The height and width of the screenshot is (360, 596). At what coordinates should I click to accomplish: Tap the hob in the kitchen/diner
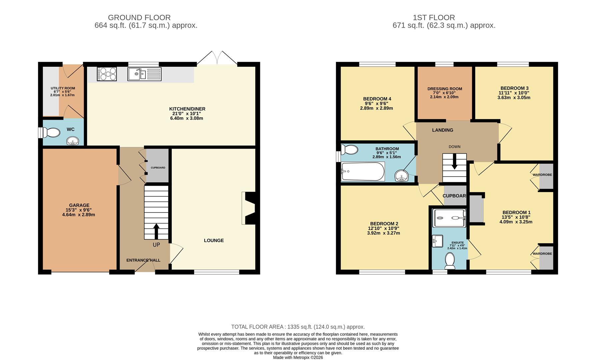107,74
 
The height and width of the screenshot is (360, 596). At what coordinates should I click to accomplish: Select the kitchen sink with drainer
144,74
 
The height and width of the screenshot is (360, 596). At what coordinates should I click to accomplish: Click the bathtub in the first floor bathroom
363,171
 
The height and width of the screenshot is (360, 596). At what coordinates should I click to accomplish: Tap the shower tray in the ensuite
449,218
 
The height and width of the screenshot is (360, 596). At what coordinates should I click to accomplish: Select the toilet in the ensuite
450,260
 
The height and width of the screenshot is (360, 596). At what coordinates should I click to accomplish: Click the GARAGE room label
79,205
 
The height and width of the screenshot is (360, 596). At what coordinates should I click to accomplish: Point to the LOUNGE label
214,240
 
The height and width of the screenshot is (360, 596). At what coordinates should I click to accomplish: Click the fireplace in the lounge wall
249,208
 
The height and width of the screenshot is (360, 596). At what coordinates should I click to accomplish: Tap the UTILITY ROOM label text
63,88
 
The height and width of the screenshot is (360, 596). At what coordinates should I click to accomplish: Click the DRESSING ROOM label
445,89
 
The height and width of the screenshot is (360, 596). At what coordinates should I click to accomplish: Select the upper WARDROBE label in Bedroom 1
542,175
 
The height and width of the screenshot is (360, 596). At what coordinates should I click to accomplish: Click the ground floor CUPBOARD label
158,168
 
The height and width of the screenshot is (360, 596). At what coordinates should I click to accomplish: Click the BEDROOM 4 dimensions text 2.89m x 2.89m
376,108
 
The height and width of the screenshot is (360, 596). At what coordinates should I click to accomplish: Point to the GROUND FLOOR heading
139,17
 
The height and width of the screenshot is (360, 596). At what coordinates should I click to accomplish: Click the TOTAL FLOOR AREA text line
298,327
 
